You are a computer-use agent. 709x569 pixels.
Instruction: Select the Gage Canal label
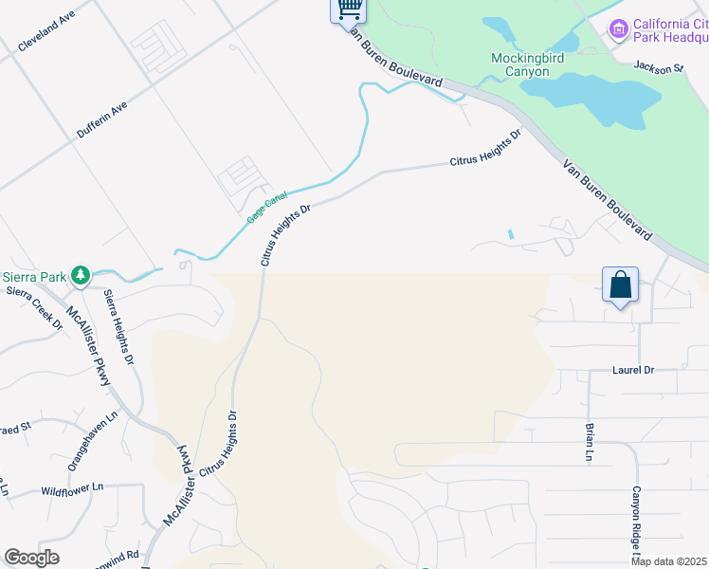[x=266, y=206]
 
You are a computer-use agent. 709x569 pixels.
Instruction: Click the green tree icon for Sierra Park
[x=81, y=276]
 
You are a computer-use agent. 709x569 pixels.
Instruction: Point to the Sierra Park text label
[x=34, y=277]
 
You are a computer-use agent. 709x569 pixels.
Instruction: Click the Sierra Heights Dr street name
[x=118, y=328]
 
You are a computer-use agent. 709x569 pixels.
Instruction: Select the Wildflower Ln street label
[x=73, y=491]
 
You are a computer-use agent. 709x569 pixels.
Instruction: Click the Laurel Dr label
[x=634, y=371]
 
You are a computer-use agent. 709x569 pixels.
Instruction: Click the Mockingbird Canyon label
[x=534, y=64]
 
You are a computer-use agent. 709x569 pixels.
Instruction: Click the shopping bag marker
[x=620, y=284]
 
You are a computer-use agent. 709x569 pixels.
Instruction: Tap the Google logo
[x=32, y=558]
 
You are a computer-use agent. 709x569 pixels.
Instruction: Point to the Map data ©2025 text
[x=669, y=561]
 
